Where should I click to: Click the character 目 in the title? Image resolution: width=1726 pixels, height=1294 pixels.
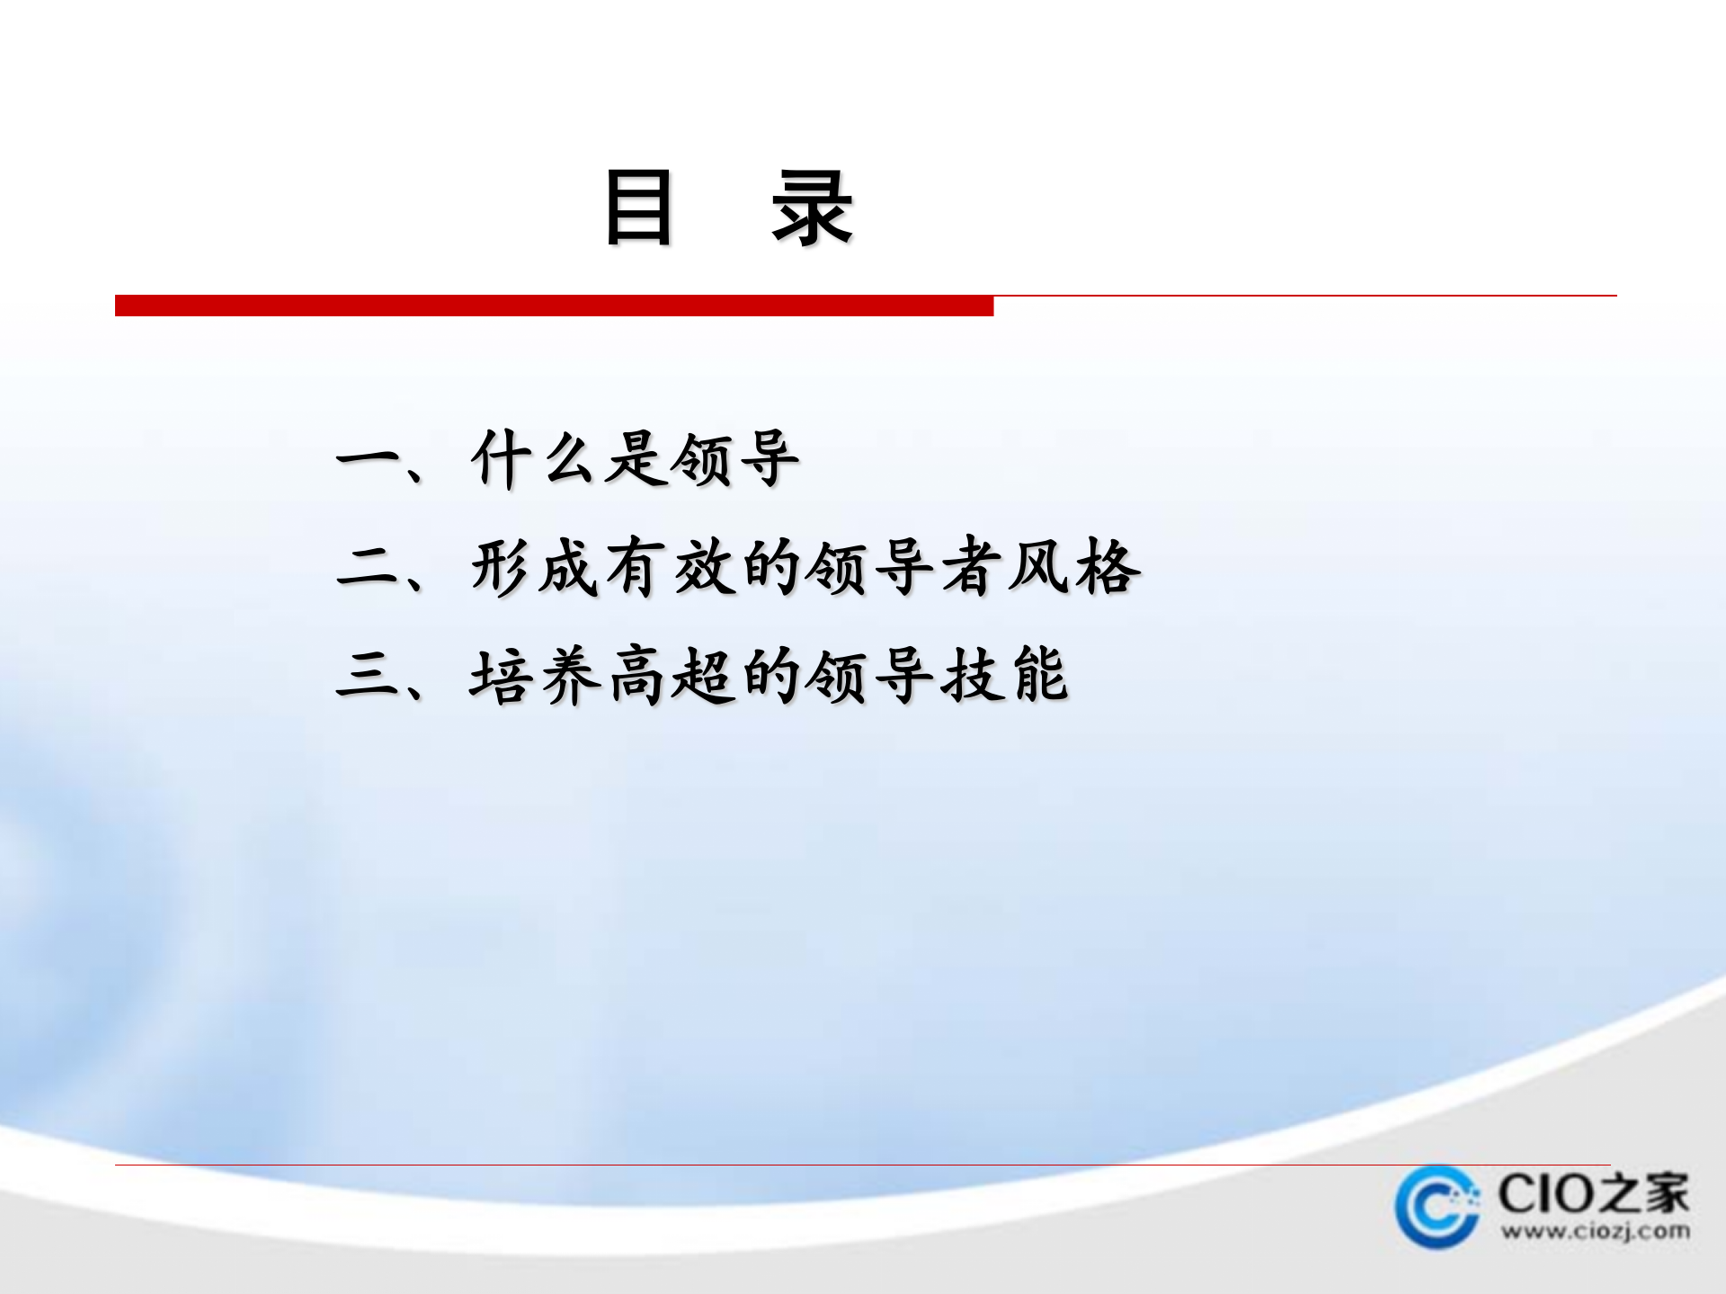(638, 208)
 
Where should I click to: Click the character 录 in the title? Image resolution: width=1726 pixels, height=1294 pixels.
(812, 208)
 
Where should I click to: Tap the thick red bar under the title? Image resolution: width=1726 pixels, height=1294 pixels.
(554, 306)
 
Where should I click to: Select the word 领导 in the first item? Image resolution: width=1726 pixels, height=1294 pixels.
(734, 459)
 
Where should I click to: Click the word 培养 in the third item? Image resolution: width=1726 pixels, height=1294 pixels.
(534, 676)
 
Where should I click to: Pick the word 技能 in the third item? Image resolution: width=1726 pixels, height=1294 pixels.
(1004, 676)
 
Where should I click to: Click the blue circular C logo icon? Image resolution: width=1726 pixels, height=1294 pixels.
(1437, 1207)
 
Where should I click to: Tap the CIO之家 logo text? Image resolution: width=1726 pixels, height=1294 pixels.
(1593, 1193)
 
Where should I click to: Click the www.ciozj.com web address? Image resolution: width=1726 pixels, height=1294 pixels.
(1595, 1230)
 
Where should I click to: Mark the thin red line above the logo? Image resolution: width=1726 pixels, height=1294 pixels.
(863, 1165)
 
